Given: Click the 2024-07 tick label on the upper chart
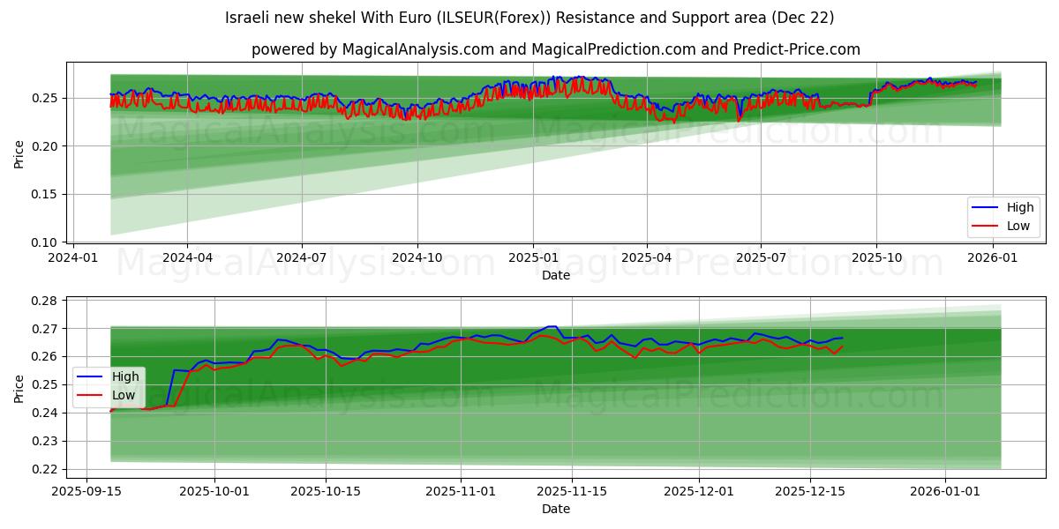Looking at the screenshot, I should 302,257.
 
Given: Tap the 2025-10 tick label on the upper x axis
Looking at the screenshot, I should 876,257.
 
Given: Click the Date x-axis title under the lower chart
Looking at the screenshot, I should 555,509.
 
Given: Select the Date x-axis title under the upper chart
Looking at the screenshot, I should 555,275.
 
